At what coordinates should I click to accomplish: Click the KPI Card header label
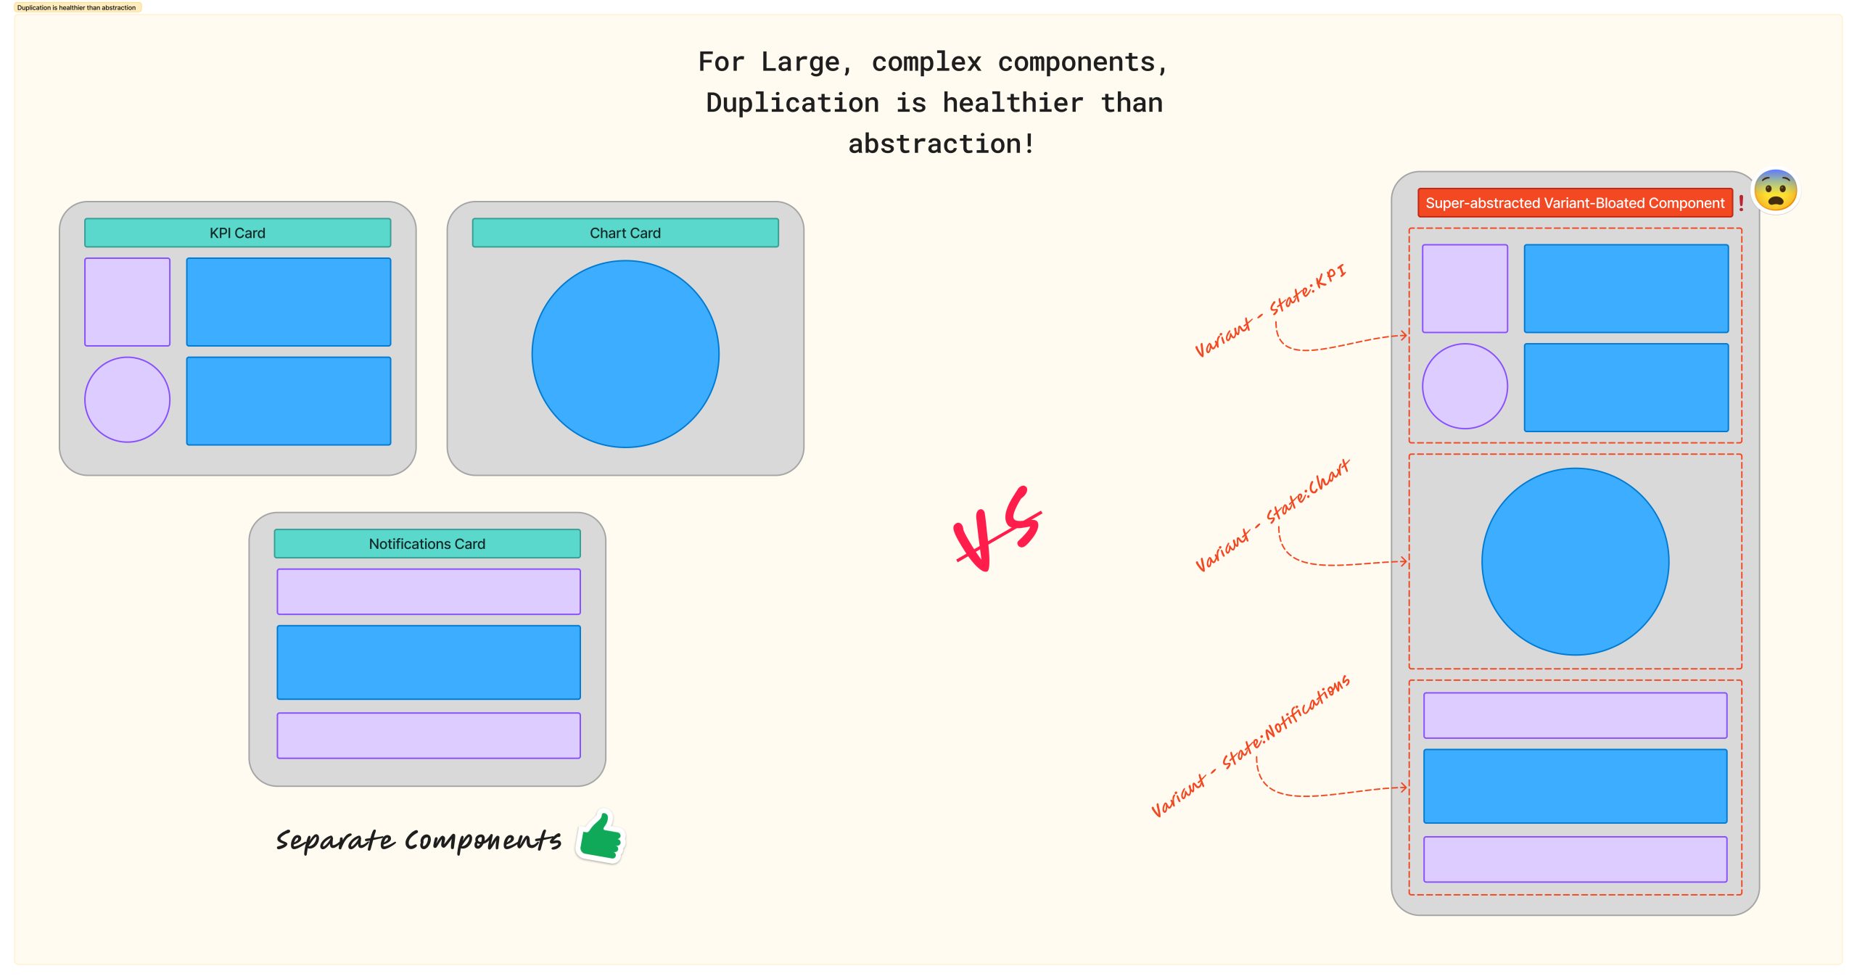[x=237, y=233]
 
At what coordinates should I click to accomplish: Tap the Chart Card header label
[x=625, y=233]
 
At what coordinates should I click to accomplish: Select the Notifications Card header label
[x=427, y=544]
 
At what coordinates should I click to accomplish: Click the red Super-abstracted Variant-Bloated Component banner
[x=1574, y=203]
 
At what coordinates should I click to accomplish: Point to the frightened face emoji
[x=1775, y=191]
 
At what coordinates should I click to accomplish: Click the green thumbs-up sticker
[x=601, y=837]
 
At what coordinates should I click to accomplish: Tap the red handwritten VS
[x=998, y=529]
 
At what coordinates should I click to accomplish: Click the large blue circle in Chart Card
[x=625, y=354]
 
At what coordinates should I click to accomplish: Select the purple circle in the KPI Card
[x=127, y=400]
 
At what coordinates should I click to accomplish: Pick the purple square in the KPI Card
[x=127, y=302]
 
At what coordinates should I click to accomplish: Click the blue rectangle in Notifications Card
[x=428, y=662]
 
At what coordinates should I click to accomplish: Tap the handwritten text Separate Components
[x=418, y=840]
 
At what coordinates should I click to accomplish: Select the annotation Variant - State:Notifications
[x=1250, y=747]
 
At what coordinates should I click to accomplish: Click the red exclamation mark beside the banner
[x=1741, y=204]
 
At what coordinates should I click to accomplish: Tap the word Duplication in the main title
[x=792, y=103]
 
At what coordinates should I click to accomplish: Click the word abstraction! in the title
[x=941, y=144]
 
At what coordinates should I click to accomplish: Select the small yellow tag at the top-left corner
[x=77, y=8]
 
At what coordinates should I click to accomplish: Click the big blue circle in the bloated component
[x=1575, y=561]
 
